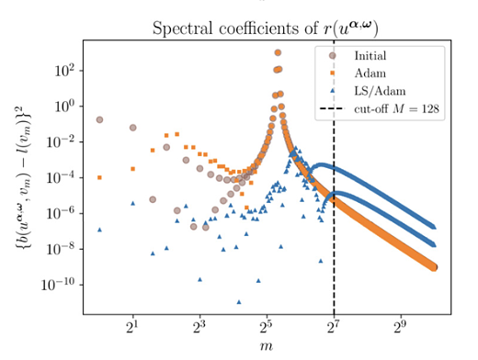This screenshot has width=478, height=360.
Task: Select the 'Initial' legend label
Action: (x=370, y=56)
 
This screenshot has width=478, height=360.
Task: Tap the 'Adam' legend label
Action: (x=370, y=73)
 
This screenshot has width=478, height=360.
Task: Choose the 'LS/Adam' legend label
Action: (x=380, y=91)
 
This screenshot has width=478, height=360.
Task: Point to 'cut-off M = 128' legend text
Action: (x=396, y=108)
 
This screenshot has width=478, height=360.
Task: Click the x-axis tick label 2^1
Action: (x=132, y=328)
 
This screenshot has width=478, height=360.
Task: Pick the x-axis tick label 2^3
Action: (x=199, y=328)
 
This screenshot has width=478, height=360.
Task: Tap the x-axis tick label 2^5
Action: (x=267, y=328)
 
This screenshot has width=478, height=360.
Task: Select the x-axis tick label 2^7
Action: (x=334, y=328)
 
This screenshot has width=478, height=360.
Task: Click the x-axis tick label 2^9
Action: (x=401, y=328)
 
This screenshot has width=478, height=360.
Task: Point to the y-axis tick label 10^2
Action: (x=64, y=71)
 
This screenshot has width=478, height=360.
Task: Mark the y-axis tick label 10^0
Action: (x=64, y=107)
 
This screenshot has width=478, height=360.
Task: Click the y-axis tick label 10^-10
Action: (x=58, y=285)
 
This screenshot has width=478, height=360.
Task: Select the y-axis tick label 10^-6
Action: (x=61, y=213)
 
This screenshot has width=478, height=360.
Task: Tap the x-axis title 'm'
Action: (x=267, y=346)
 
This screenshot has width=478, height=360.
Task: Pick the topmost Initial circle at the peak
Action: (x=278, y=52)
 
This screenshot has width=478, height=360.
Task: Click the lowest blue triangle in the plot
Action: (x=239, y=302)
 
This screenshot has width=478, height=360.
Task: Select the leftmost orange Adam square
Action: (x=99, y=177)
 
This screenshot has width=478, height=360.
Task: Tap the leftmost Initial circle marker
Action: (x=99, y=119)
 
